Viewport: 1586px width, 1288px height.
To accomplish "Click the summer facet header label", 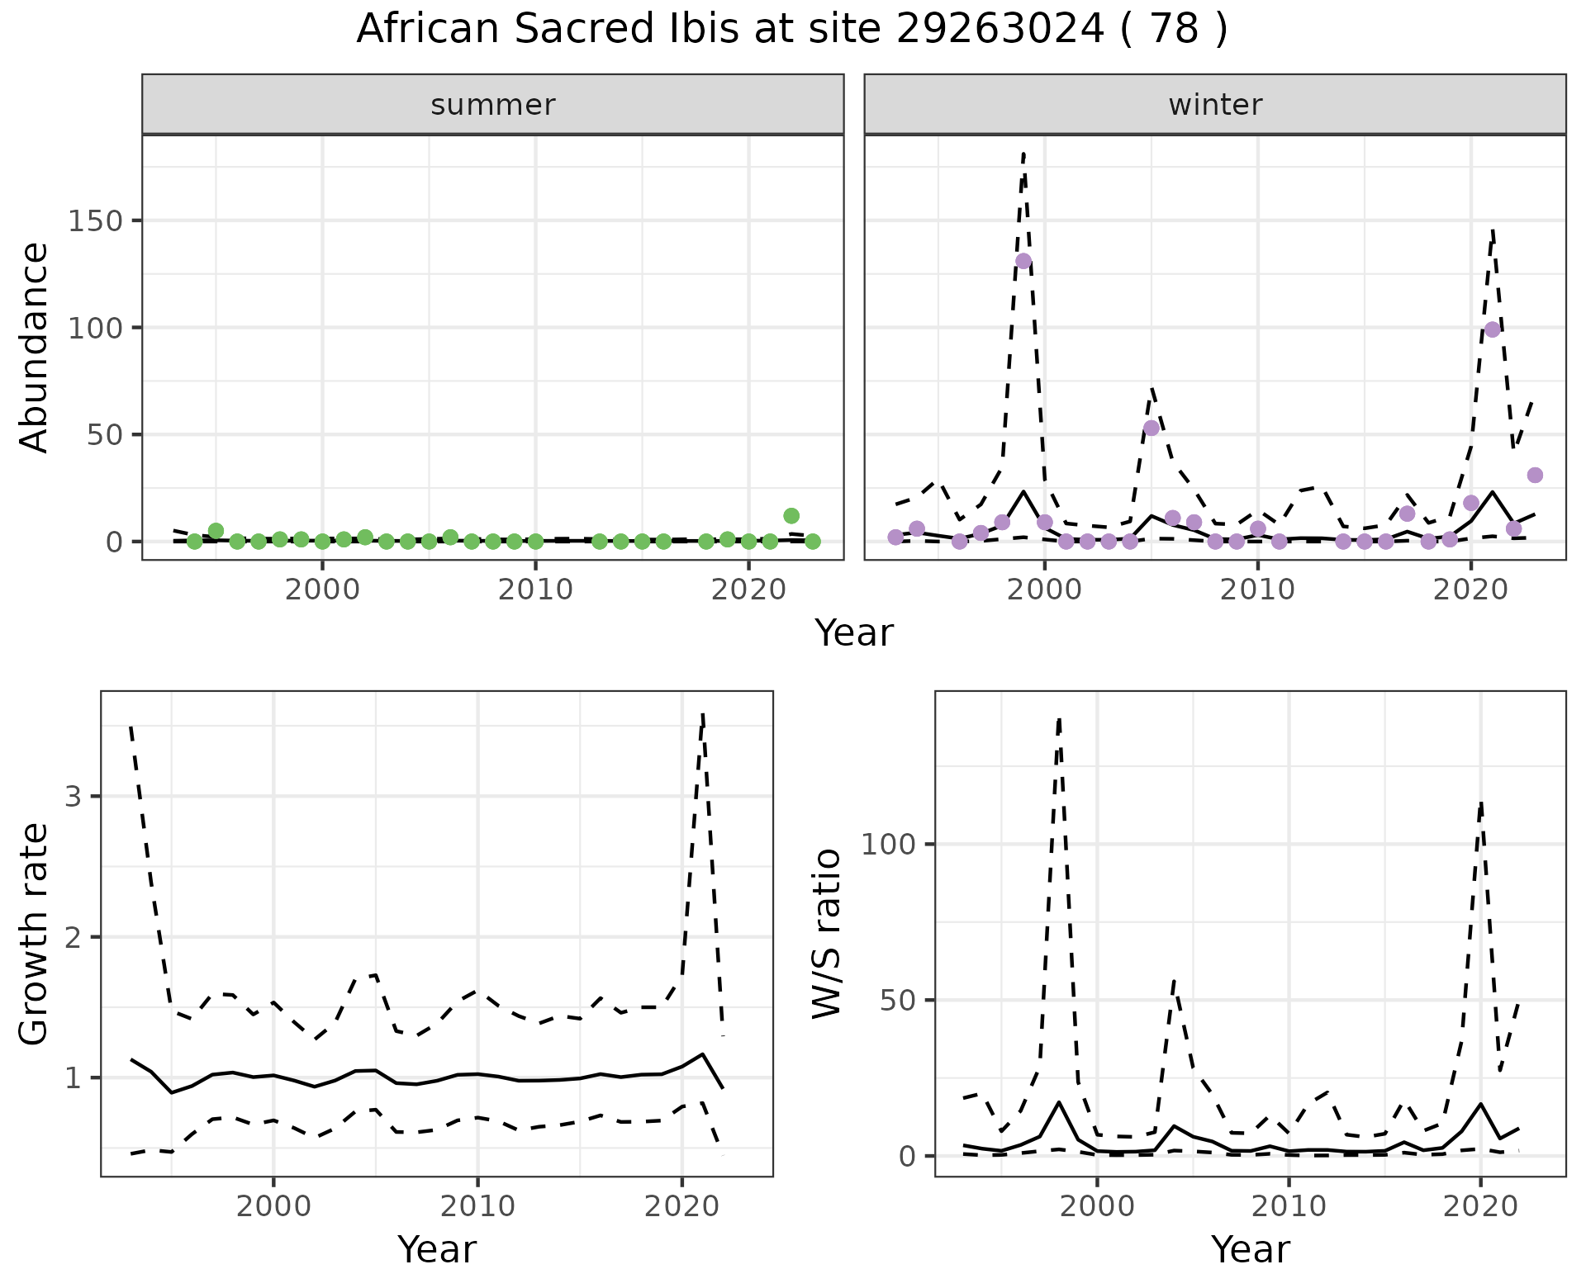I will coord(492,105).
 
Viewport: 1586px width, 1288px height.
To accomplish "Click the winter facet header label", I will coord(1214,105).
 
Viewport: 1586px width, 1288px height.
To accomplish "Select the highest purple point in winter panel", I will coord(1023,261).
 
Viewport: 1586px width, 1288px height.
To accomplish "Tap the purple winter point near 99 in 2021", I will coord(1492,329).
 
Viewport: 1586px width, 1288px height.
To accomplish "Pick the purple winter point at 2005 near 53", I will coord(1152,428).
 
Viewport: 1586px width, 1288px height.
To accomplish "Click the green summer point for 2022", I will coord(791,516).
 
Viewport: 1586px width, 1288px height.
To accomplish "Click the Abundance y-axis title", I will coord(35,347).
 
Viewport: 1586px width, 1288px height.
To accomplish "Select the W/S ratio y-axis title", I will coord(827,933).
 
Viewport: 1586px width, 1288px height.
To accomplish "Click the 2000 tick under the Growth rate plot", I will coord(273,1206).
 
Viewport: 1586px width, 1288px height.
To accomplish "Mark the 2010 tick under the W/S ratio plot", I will coord(1289,1206).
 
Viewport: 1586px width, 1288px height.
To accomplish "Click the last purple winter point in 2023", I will coord(1535,475).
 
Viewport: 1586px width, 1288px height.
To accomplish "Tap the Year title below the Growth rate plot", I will coord(437,1249).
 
